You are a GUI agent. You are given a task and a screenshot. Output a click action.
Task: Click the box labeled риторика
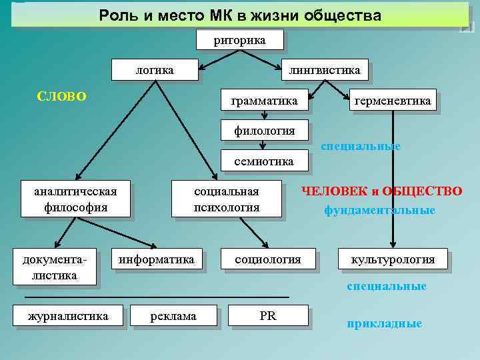[x=240, y=40]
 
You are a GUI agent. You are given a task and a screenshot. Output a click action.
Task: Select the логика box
[x=155, y=70]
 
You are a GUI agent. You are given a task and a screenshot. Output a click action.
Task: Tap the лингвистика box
[x=324, y=70]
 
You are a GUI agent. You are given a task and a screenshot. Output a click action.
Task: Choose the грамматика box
[x=264, y=101]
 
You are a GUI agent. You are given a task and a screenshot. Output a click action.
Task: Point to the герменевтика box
[x=393, y=101]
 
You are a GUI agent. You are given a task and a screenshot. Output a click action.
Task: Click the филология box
[x=264, y=130]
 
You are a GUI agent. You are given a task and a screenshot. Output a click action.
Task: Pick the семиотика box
[x=264, y=161]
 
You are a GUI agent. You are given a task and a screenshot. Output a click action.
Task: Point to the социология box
[x=267, y=259]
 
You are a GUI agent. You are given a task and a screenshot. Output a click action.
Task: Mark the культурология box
[x=393, y=259]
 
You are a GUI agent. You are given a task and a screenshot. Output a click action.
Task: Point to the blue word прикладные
[x=384, y=324]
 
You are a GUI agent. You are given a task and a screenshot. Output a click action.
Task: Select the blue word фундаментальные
[x=379, y=211]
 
